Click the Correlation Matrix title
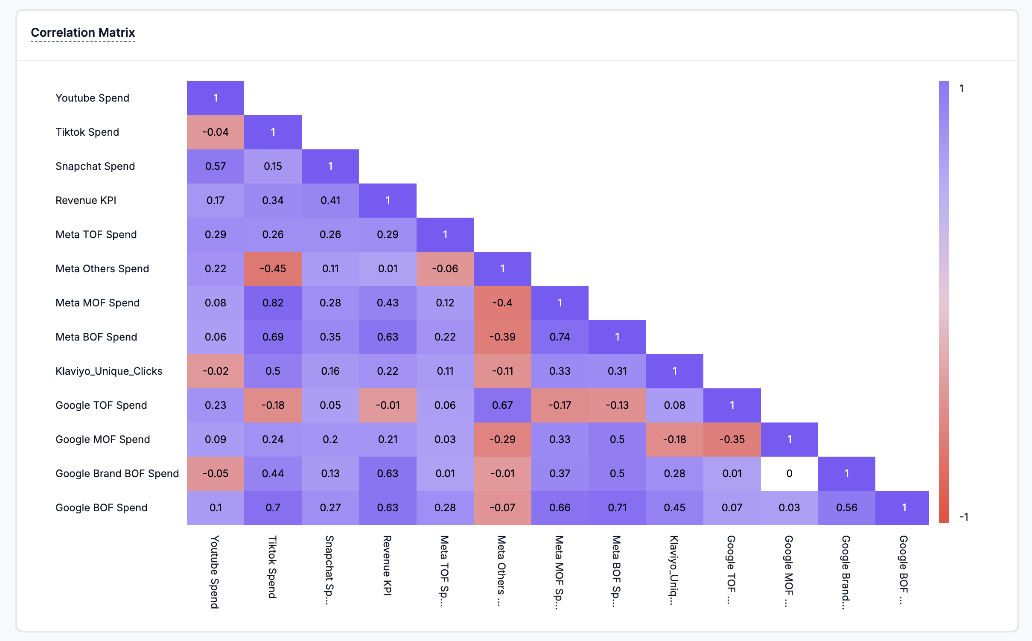point(83,32)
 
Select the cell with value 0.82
point(273,303)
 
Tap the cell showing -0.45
point(273,269)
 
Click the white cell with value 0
point(789,474)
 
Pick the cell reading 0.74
point(560,337)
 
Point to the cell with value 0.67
point(502,405)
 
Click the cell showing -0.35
point(732,440)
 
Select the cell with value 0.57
point(216,166)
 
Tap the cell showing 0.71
point(617,508)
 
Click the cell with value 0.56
point(847,508)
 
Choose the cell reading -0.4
point(502,303)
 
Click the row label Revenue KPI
point(86,201)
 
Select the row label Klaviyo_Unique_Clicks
point(109,371)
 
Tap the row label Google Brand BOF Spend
point(117,474)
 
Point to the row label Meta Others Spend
point(102,269)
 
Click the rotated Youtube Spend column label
point(215,572)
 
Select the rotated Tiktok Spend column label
point(272,567)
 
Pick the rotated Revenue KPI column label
point(387,565)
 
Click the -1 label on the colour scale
point(964,517)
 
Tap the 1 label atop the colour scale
point(961,89)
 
